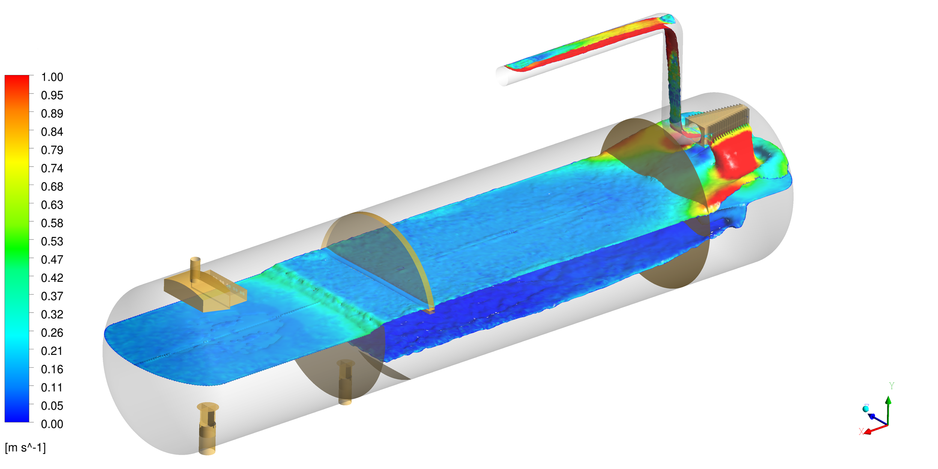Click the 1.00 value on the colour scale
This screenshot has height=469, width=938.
click(52, 77)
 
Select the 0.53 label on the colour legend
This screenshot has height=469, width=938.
click(52, 242)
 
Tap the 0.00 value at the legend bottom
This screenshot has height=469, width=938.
click(52, 424)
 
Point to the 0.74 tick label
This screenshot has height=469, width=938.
click(52, 168)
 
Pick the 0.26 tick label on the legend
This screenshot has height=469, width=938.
click(52, 333)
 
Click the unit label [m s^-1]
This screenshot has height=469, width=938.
click(25, 448)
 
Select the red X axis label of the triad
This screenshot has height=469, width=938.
click(861, 431)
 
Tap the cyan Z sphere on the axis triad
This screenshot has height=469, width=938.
click(866, 409)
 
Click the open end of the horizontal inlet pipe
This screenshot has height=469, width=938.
click(502, 77)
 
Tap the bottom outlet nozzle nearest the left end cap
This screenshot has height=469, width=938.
click(207, 428)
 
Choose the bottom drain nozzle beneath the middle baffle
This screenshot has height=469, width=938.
click(345, 381)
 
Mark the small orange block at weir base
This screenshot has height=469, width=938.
click(429, 311)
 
